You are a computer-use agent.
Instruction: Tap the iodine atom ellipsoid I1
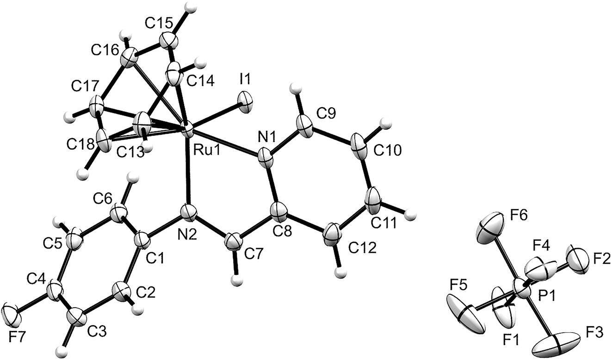point(245,102)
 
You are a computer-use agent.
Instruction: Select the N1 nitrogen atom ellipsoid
point(265,158)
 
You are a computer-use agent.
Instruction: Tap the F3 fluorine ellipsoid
point(556,348)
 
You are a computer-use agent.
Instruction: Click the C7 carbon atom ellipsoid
point(232,242)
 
